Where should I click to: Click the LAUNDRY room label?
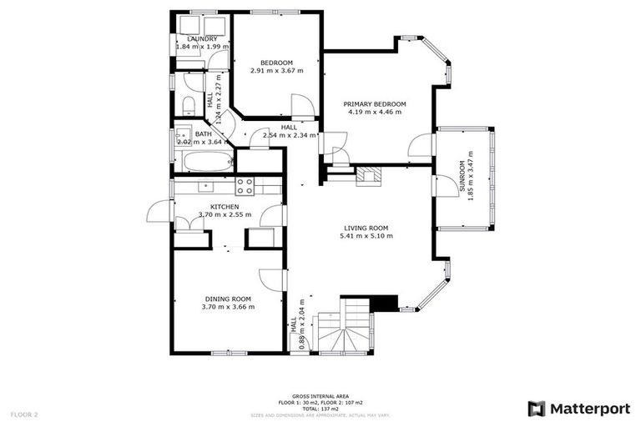pyautogui.click(x=203, y=39)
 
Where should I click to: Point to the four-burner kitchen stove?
pyautogui.click(x=245, y=186)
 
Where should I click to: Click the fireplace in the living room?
pyautogui.click(x=367, y=175)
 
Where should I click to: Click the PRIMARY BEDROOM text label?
pyautogui.click(x=375, y=104)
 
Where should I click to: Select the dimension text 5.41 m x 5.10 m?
pyautogui.click(x=366, y=236)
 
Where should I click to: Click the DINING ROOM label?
pyautogui.click(x=228, y=299)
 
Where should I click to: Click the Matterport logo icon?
pyautogui.click(x=537, y=409)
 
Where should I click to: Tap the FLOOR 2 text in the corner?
pyautogui.click(x=24, y=414)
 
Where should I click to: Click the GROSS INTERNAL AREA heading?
pyautogui.click(x=320, y=396)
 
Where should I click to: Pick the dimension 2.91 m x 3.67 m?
pyautogui.click(x=276, y=71)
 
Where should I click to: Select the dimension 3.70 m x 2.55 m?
pyautogui.click(x=225, y=215)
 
